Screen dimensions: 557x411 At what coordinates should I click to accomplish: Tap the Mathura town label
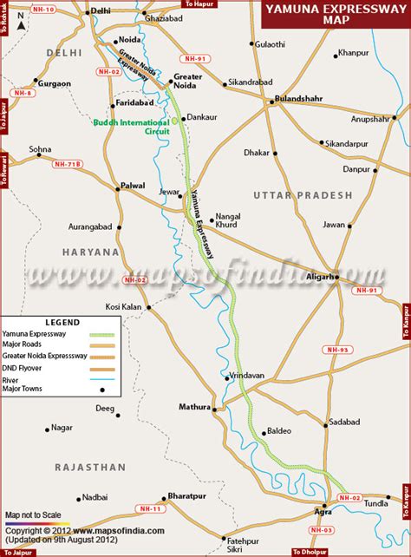(x=194, y=406)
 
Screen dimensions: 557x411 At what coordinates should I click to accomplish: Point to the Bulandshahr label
(x=298, y=100)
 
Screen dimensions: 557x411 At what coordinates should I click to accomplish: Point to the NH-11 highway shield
(x=151, y=509)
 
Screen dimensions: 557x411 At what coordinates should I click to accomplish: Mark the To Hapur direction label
(x=199, y=4)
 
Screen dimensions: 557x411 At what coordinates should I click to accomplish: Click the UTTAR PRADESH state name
(x=303, y=195)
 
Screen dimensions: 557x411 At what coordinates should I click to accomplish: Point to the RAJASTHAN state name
(x=90, y=467)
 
